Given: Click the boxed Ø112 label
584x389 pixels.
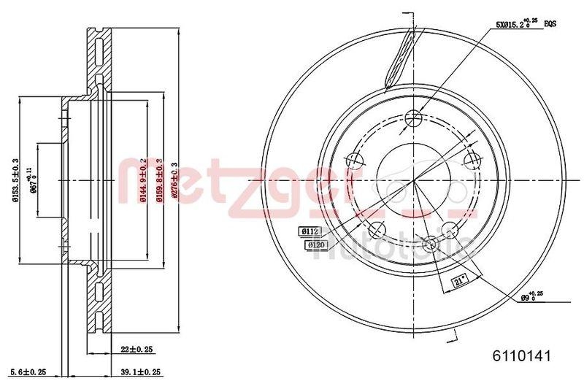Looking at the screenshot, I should coord(310,231).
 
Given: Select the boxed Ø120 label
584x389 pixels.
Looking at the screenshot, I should coord(315,246).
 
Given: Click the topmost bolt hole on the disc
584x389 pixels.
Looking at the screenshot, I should coord(415,118).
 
